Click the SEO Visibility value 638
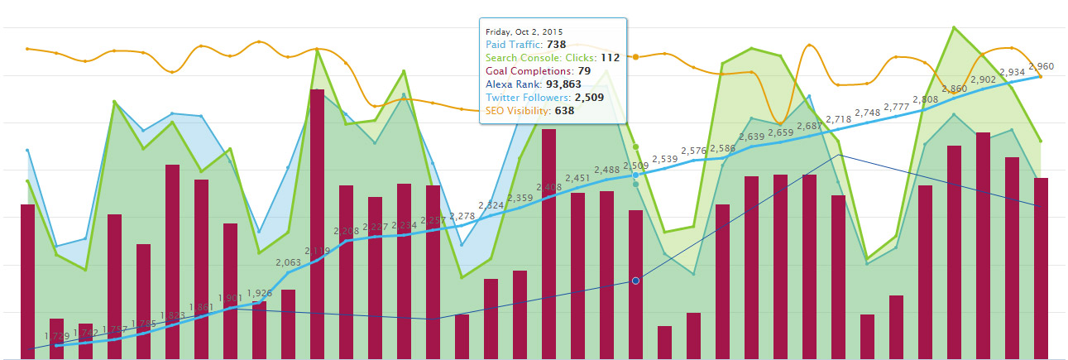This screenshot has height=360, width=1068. click(564, 110)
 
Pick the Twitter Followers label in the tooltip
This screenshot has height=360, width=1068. click(528, 97)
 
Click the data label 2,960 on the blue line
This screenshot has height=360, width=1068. click(1042, 66)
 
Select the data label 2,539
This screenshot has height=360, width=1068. click(664, 159)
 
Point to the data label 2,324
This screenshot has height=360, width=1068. click(491, 204)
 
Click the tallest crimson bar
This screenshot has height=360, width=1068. click(317, 223)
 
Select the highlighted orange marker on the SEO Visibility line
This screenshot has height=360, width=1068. click(635, 57)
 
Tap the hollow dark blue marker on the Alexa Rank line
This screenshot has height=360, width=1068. click(635, 281)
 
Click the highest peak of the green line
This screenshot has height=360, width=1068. click(955, 27)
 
